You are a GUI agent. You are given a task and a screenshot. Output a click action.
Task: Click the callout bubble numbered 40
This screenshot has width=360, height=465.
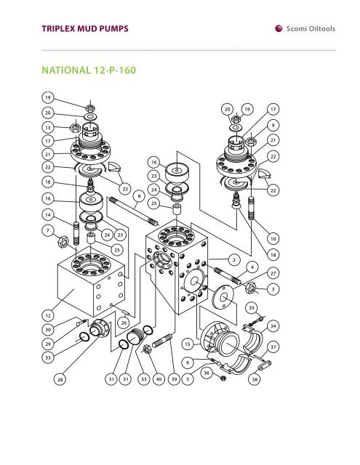159,379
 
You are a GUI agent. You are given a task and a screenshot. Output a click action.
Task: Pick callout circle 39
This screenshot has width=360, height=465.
174,379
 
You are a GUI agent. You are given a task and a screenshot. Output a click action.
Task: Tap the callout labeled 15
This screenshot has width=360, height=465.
188,343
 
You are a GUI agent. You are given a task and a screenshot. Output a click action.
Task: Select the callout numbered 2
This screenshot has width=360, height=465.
232,259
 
